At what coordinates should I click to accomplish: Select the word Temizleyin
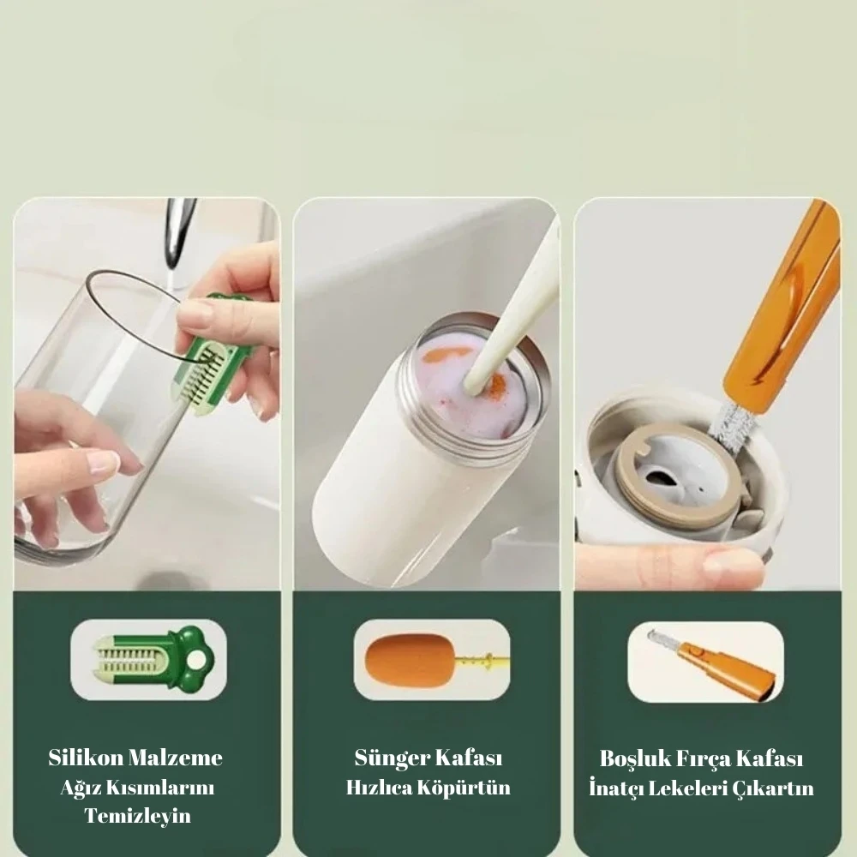(138, 816)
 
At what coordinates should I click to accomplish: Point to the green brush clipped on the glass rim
(213, 355)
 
